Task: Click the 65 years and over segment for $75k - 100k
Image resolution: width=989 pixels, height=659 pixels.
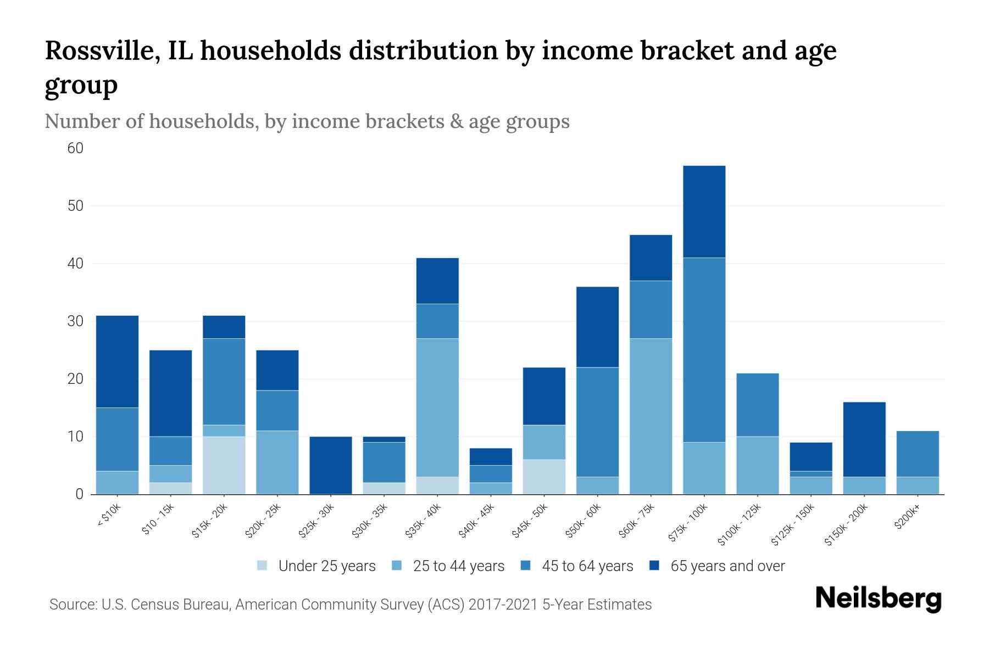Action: pos(704,211)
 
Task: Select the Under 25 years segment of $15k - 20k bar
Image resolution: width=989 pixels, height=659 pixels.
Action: pos(224,465)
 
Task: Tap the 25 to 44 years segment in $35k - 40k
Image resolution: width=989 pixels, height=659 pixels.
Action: pos(437,407)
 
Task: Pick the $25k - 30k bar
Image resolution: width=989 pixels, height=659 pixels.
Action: pos(331,465)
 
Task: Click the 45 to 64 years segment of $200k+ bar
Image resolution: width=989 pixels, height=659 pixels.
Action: pos(917,454)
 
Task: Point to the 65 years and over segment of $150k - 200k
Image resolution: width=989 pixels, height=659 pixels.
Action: pos(864,439)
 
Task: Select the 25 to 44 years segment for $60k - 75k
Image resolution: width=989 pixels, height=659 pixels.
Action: pos(651,416)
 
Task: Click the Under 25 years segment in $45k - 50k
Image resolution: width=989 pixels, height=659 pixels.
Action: pos(544,477)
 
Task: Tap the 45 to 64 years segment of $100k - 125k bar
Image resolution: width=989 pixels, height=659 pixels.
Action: pos(757,405)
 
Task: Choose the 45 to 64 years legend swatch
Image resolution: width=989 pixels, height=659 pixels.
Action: pos(525,566)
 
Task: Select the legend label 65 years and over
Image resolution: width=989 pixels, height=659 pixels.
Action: pos(727,566)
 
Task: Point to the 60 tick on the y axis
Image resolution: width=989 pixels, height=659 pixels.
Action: pos(75,148)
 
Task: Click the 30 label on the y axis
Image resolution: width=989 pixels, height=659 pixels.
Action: pos(75,321)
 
